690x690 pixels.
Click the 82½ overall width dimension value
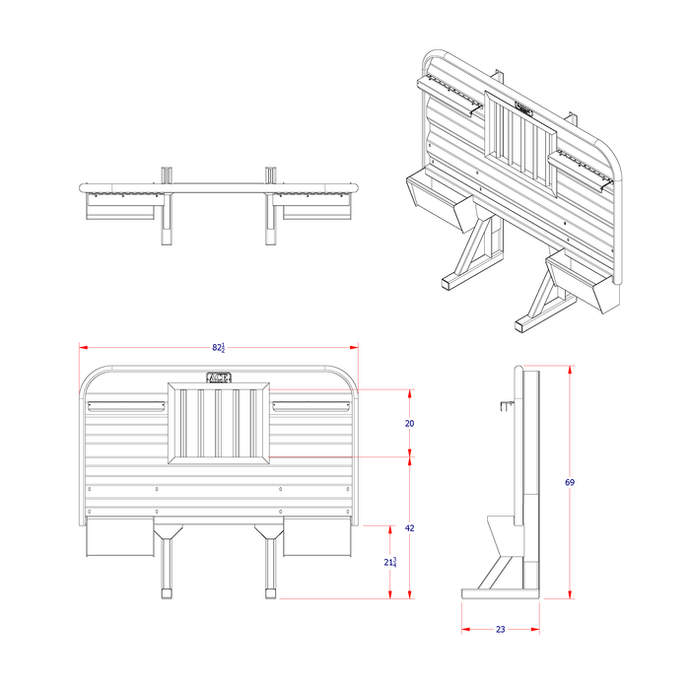tap(217, 348)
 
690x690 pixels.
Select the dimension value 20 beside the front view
tap(409, 423)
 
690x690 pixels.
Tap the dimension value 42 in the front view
tap(409, 528)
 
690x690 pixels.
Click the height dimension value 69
tap(570, 482)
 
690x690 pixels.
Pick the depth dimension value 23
tap(500, 629)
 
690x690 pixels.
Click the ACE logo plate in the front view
tap(218, 377)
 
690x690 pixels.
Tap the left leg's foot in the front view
tap(167, 594)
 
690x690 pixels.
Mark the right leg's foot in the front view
tap(269, 594)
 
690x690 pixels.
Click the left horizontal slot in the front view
tap(124, 405)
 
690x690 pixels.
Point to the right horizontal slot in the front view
tap(311, 405)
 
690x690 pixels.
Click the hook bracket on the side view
tap(508, 404)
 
